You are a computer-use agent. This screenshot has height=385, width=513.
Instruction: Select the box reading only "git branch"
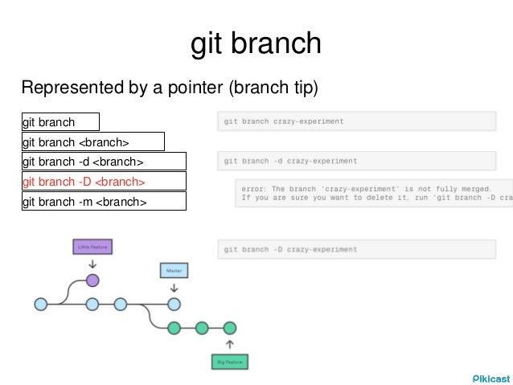pyautogui.click(x=60, y=122)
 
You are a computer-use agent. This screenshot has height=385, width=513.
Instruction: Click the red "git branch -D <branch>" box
pyautogui.click(x=104, y=182)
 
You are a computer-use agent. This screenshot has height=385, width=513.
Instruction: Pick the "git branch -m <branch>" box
pyautogui.click(x=104, y=202)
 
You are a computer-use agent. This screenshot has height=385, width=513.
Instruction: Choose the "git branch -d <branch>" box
pyautogui.click(x=104, y=162)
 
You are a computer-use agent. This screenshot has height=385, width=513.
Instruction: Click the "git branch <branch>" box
pyautogui.click(x=92, y=142)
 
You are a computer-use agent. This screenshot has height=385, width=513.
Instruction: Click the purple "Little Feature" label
pyautogui.click(x=92, y=248)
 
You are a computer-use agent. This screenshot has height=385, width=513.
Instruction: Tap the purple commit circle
pyautogui.click(x=92, y=281)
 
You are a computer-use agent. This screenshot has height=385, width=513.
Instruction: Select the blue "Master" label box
pyautogui.click(x=174, y=271)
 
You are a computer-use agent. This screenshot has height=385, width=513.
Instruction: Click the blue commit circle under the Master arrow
pyautogui.click(x=174, y=304)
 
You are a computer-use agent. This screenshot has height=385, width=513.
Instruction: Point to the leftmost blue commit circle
pyautogui.click(x=41, y=304)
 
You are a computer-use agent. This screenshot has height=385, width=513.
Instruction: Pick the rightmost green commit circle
pyautogui.click(x=230, y=327)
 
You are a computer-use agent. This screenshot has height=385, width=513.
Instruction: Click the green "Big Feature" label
pyautogui.click(x=230, y=362)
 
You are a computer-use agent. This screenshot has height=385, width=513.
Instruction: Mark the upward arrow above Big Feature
pyautogui.click(x=230, y=345)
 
